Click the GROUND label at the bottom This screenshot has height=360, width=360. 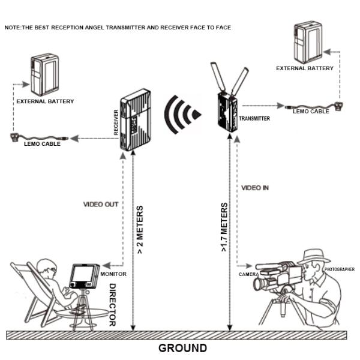pos(182,348)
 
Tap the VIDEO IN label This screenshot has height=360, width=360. pos(255,188)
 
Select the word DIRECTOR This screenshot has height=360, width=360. pos(112,304)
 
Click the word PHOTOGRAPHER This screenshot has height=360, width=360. pos(339,269)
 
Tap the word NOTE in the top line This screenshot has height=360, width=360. pos(13,28)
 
